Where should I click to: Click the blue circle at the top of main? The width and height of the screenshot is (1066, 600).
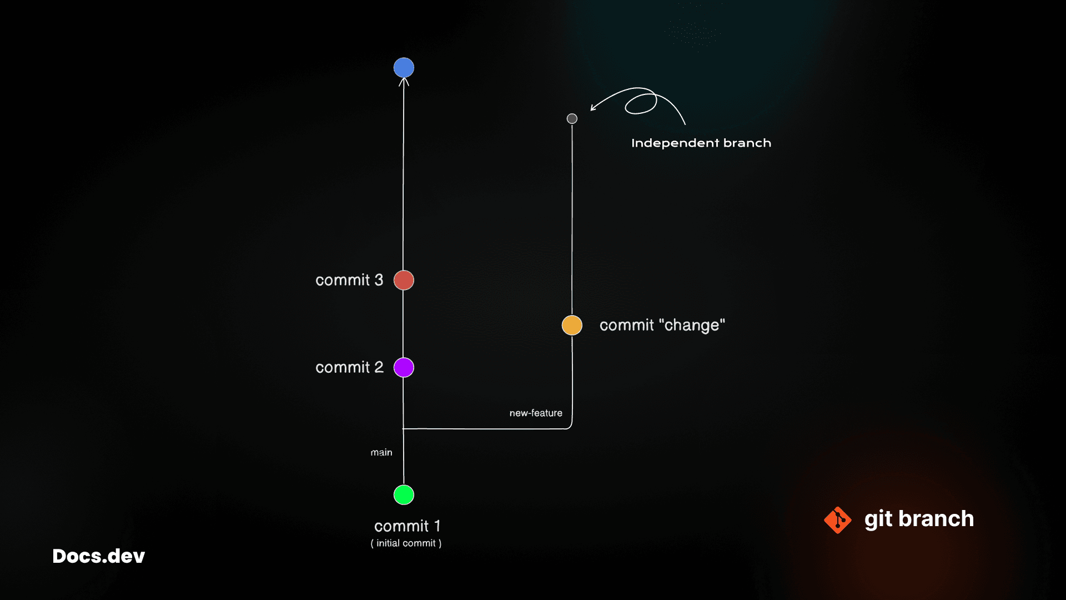404,68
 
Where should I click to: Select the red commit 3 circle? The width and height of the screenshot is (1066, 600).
404,280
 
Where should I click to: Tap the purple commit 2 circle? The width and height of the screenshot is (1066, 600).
404,367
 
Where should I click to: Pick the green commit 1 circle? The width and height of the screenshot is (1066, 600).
404,494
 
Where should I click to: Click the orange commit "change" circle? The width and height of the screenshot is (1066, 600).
572,325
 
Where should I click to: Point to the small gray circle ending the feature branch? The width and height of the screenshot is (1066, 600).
572,118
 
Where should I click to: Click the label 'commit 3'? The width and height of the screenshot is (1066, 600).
349,280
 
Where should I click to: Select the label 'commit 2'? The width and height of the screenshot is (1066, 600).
349,367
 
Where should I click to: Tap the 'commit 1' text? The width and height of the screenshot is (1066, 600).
407,526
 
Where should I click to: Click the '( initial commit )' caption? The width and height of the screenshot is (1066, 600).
406,543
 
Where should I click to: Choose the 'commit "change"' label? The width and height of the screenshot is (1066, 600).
662,325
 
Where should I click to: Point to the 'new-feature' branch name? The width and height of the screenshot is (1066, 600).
536,413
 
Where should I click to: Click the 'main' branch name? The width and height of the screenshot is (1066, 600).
381,452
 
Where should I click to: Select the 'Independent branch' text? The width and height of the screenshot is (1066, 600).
701,143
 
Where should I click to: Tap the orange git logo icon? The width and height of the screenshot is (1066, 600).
838,520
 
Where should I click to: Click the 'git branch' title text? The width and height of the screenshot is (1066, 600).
919,519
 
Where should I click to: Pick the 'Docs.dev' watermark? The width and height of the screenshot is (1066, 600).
99,556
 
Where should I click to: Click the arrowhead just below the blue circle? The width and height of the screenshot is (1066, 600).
404,81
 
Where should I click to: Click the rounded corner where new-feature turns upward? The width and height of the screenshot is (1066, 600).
570,427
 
